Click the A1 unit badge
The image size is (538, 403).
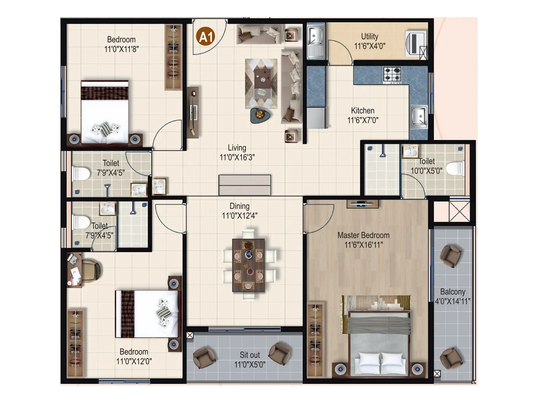coord(206,36)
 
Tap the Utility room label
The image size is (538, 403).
coord(370,36)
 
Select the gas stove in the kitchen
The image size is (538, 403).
coord(392,75)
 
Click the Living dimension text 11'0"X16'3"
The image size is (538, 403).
coord(237,157)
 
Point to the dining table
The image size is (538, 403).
coord(248,265)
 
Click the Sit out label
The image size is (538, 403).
coord(249,355)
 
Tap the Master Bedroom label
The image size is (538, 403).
coord(363,235)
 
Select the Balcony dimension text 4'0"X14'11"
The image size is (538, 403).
coord(453,301)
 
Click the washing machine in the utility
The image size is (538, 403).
coord(416,44)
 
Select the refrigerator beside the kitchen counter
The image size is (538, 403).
coord(316,118)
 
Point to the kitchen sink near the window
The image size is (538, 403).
coord(419,117)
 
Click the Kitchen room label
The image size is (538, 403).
coord(362,110)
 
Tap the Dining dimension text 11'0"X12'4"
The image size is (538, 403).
coord(239,216)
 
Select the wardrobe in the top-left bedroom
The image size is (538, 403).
coord(173,57)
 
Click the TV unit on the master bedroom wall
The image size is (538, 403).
coord(362,204)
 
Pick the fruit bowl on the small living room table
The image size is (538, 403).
coord(260,115)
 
